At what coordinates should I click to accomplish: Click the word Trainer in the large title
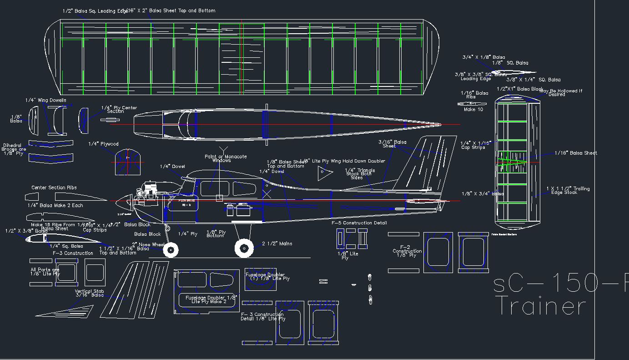(540, 306)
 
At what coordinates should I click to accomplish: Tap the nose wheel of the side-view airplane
(171, 249)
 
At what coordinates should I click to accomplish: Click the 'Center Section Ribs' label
(54, 188)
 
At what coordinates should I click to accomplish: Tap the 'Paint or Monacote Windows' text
(226, 158)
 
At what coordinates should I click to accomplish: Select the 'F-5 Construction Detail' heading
(359, 223)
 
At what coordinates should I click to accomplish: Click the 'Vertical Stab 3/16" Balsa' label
(89, 293)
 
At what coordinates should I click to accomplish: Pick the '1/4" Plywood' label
(103, 144)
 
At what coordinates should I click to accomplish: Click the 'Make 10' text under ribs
(473, 110)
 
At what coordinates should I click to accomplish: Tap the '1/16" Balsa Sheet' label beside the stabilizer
(576, 153)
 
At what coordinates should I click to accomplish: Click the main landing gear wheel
(244, 248)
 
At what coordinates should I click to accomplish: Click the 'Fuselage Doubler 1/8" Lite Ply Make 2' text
(211, 299)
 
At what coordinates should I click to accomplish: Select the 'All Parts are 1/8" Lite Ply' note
(45, 272)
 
